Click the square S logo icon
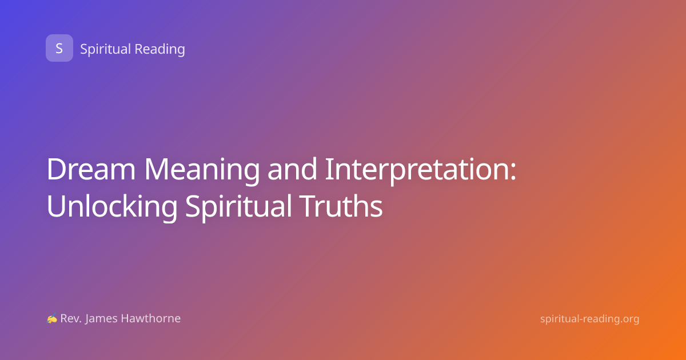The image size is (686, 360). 59,48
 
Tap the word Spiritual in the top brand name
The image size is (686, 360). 105,49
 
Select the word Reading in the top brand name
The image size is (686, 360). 160,49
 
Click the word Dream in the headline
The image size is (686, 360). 91,169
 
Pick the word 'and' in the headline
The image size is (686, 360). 292,169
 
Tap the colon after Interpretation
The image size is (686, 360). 513,173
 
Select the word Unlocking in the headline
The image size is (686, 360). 112,207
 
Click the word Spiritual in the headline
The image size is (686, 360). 238,207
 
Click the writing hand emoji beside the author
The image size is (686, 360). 52,318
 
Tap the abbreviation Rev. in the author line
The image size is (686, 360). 71,319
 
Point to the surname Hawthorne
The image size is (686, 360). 151,318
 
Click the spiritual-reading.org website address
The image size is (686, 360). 589,319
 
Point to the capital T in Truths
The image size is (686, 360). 308,206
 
